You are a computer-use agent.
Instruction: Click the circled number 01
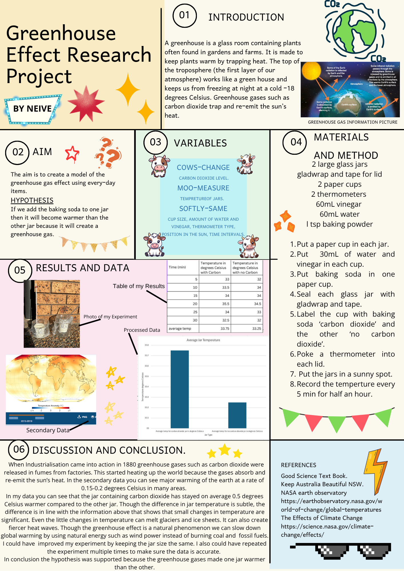pos(185,15)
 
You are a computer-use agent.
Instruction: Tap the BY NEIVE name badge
pos(33,109)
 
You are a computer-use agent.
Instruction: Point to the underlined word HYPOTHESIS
pos(32,200)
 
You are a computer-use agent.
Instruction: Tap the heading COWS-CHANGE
pos(203,168)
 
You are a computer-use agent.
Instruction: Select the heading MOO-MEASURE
pos(203,188)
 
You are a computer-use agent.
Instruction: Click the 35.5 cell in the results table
pos(226,304)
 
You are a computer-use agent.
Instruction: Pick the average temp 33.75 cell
pos(225,329)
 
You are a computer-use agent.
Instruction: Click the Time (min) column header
pos(177,267)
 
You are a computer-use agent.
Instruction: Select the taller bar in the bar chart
pos(180,388)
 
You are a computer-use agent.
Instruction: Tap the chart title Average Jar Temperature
pos(203,340)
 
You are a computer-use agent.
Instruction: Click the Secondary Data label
pos(48,430)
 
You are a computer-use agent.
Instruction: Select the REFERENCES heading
pos(299,465)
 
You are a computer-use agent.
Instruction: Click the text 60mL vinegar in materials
pos(339,204)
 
